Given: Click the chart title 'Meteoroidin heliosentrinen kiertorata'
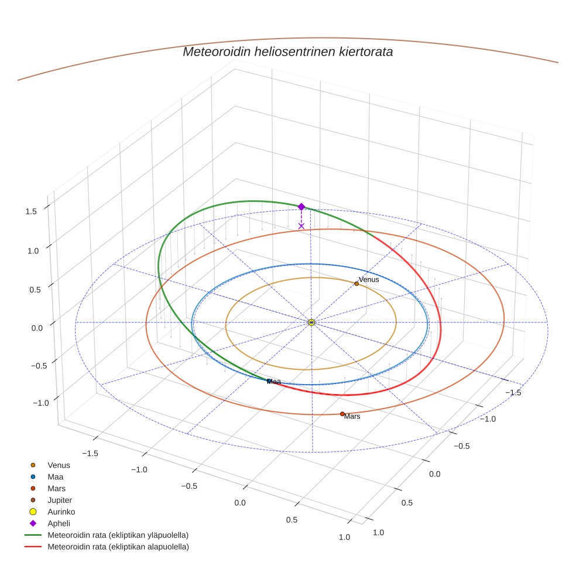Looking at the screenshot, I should coord(287,52).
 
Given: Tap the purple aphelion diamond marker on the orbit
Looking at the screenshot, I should coord(301,207).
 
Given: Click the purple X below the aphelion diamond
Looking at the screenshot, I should coord(301,226).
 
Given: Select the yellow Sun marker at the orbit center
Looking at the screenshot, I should coord(311,322).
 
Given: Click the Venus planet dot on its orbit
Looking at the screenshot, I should coord(356,283).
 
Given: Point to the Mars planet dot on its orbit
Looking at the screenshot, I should coord(342,414).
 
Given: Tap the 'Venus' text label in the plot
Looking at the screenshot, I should coord(369,279).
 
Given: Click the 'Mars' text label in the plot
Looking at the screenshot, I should coord(352,417).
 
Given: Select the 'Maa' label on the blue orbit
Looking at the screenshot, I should coord(274,382).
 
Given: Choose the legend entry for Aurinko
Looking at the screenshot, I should coord(61,512).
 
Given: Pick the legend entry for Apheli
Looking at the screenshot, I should coord(58,523).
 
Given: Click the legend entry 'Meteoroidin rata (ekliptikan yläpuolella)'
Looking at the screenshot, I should coord(118,535).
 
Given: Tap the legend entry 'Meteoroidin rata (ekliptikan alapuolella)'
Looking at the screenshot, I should coord(118,547).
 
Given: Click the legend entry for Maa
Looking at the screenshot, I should coord(55,476).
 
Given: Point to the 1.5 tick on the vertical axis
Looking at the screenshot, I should coord(32,211).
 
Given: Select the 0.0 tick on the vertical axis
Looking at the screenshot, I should coord(37,327).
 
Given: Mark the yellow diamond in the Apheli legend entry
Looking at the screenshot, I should coord(33,523).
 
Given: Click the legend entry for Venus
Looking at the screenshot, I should coord(59,465).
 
